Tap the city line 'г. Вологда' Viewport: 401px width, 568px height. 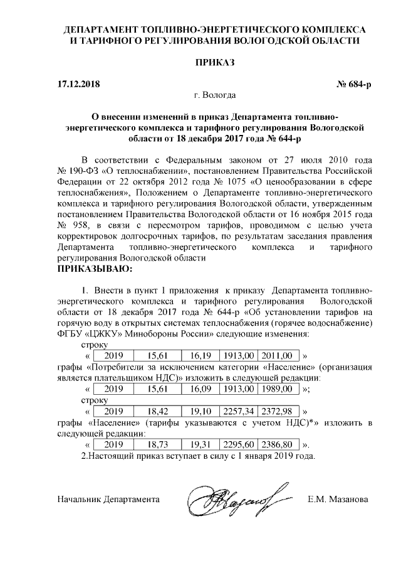[x=215, y=96]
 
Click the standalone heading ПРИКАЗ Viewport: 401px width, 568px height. [x=215, y=63]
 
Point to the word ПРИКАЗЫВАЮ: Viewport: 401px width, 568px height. [x=95, y=269]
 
